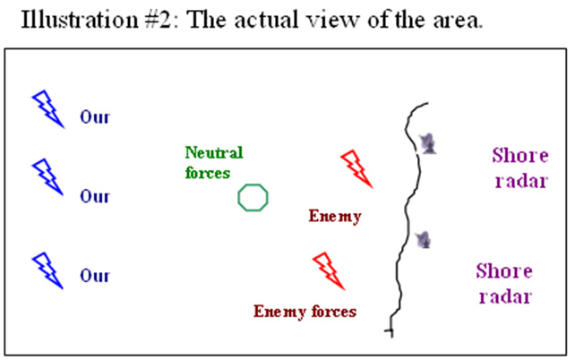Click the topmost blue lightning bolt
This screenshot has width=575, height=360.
[x=47, y=109]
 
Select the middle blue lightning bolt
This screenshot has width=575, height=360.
[x=47, y=176]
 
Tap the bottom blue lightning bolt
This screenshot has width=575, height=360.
[x=47, y=270]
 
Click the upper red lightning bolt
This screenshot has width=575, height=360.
[x=356, y=168]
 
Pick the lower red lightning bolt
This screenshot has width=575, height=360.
[x=329, y=271]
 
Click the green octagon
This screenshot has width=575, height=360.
[x=253, y=198]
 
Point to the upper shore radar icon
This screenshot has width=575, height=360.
[x=427, y=143]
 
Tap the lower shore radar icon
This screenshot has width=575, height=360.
[x=424, y=240]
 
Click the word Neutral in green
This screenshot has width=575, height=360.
[x=214, y=152]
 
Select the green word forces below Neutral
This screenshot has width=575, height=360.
[x=208, y=173]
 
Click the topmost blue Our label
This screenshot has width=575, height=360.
[x=95, y=117]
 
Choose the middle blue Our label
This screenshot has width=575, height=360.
[x=95, y=196]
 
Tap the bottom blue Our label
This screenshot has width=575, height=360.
[x=95, y=276]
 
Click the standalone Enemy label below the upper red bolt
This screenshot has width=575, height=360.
[x=335, y=217]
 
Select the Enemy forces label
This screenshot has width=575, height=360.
[x=305, y=312]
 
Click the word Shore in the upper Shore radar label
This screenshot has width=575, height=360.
[x=520, y=156]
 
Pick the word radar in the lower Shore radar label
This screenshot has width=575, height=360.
[x=506, y=296]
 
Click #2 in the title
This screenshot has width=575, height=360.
[x=158, y=21]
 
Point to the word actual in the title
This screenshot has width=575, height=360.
[x=266, y=21]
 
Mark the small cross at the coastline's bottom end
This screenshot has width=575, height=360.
[x=390, y=331]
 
